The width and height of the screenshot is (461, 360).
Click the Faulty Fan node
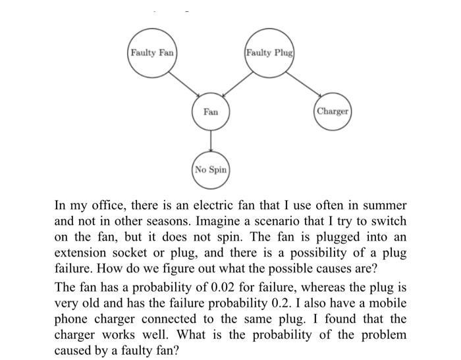coord(152,52)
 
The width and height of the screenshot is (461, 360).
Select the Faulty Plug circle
coord(269,52)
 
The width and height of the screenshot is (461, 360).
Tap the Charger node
coord(332,111)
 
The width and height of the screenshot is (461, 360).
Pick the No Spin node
coord(211,170)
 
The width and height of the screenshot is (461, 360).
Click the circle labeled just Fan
coord(211,112)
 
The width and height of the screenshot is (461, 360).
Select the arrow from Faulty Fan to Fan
coord(185,85)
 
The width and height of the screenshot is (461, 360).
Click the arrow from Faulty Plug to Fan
coord(237,85)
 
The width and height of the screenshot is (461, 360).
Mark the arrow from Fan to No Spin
coord(211,141)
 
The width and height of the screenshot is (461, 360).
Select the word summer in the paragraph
coord(385,206)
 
